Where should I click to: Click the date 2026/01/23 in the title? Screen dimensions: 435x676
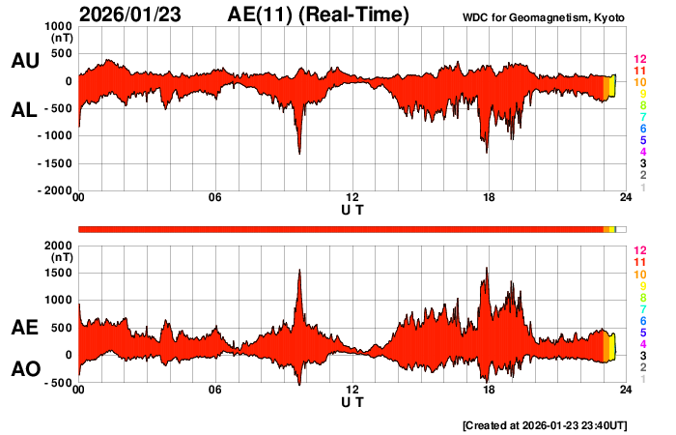point(135,14)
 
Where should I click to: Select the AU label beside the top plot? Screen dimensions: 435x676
point(24,61)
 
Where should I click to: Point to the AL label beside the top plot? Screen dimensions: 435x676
point(24,110)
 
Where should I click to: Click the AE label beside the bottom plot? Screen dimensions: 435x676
point(24,328)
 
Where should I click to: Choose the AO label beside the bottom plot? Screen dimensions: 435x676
point(24,369)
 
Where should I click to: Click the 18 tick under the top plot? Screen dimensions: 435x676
point(489,198)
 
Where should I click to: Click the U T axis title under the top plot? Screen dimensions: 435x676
point(352,209)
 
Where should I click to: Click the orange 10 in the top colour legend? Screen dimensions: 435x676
point(639,83)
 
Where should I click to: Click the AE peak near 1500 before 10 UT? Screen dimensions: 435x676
point(300,272)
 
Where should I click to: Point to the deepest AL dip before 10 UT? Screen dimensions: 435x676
point(299,152)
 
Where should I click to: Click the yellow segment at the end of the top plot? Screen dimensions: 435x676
point(611,87)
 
